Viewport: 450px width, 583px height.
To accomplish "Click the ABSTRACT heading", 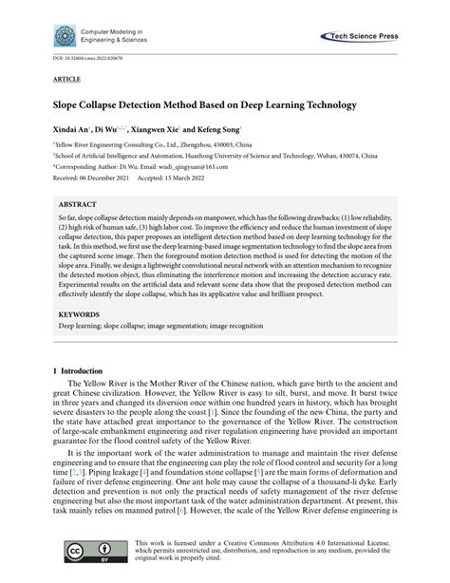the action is [x=78, y=203].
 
